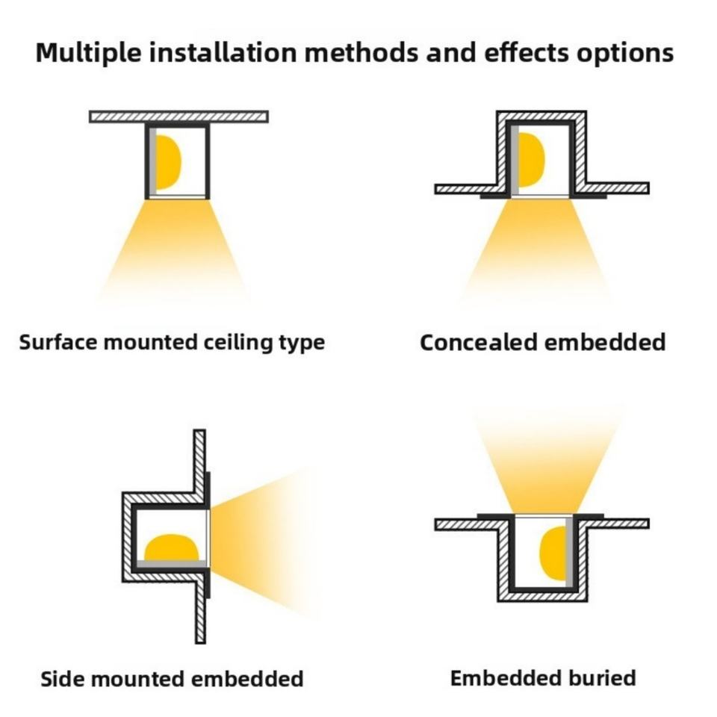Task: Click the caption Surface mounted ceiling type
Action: click(x=172, y=343)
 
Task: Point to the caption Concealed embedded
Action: click(x=542, y=343)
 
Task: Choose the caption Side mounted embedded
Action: click(x=172, y=679)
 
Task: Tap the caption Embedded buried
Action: click(x=543, y=678)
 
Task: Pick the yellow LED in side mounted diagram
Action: click(x=172, y=547)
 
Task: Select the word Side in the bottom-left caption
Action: click(x=59, y=679)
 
